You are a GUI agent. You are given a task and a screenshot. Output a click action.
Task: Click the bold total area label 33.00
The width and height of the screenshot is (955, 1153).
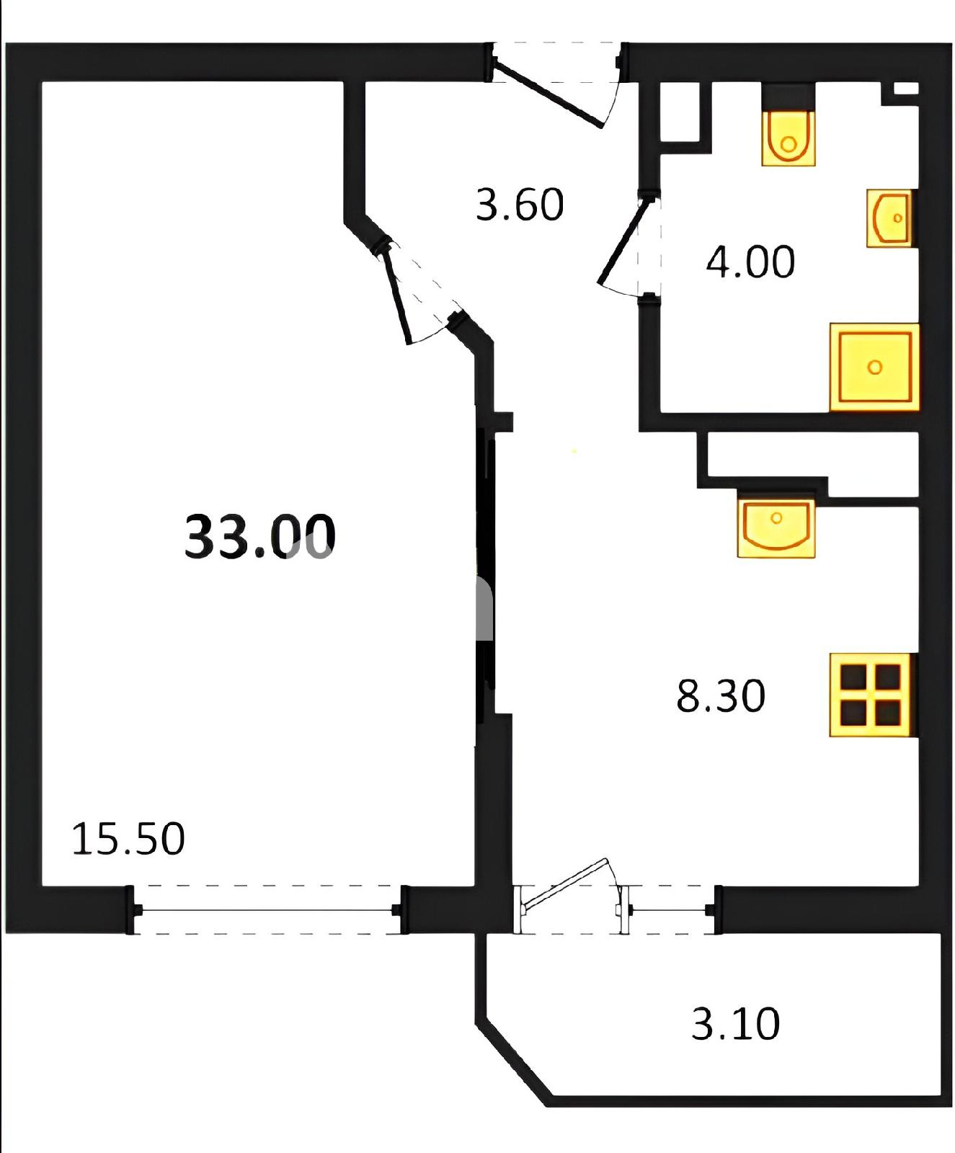tap(260, 536)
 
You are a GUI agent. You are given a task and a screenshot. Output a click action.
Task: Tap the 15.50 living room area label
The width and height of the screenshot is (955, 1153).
tap(128, 839)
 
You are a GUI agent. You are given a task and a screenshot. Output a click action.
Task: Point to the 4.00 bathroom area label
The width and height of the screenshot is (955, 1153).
tap(750, 261)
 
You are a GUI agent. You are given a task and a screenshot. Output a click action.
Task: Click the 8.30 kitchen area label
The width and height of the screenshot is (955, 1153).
tap(720, 695)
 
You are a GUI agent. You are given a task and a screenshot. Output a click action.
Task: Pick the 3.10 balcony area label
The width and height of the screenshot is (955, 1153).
tap(735, 1023)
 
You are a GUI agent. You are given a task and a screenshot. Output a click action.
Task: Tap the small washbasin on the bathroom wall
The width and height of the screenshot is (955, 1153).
tap(891, 218)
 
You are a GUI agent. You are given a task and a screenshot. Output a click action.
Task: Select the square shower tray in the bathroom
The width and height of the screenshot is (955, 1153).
tap(874, 368)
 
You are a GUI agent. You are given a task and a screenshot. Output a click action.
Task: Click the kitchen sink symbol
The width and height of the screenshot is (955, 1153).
tap(776, 528)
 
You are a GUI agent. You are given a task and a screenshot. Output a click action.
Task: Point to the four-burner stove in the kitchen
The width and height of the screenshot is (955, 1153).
tap(873, 695)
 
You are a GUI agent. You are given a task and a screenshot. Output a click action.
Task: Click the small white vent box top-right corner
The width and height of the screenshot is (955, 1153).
tap(906, 89)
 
